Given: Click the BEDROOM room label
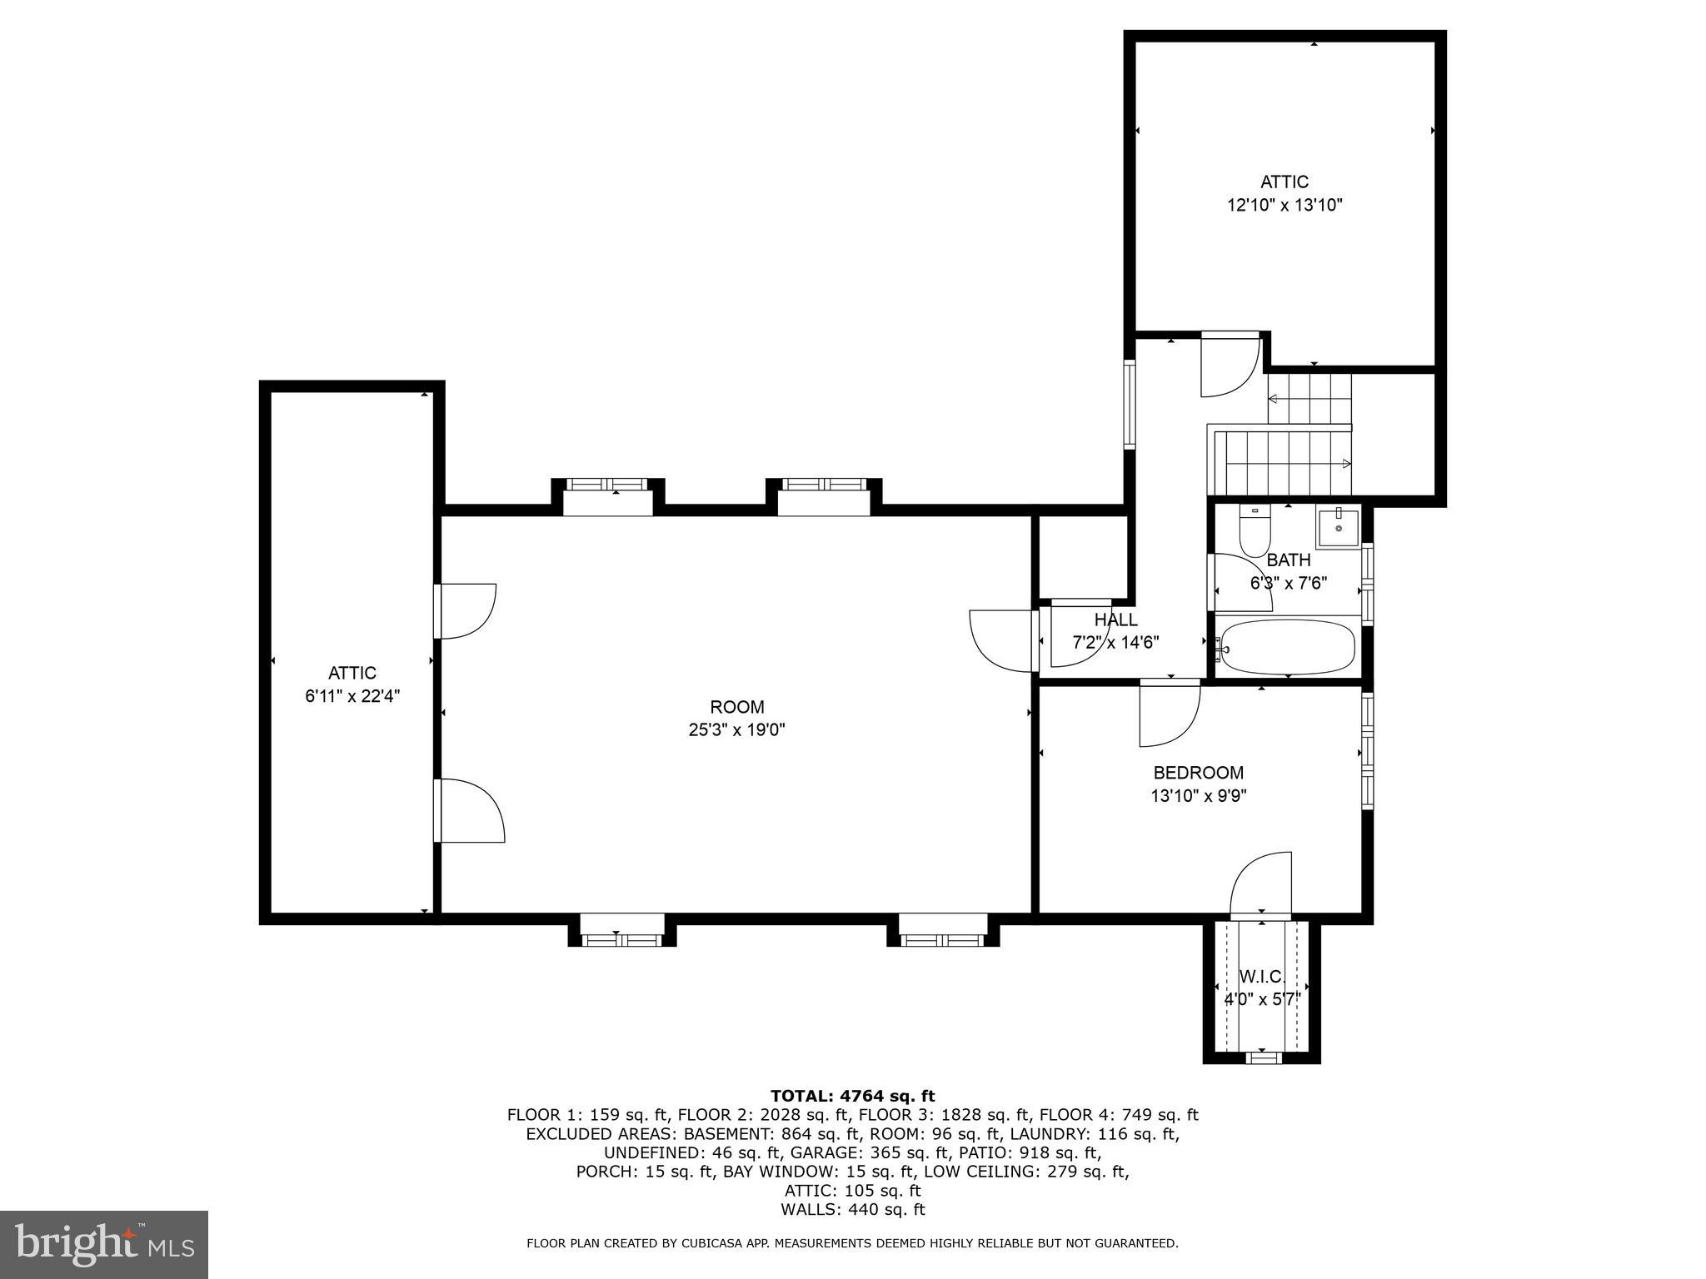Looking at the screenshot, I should click(x=1198, y=773).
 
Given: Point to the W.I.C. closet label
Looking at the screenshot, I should click(x=1262, y=976).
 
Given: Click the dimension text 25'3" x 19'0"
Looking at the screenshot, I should click(x=736, y=730).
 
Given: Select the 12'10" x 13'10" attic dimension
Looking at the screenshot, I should click(x=1284, y=205).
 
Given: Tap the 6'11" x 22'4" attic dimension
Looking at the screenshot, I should click(x=352, y=696).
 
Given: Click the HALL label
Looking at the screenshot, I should click(x=1115, y=620).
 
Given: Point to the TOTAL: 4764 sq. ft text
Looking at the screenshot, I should click(x=852, y=1096).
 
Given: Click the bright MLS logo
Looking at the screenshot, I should click(x=104, y=1244).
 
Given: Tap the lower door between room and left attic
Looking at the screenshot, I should click(x=471, y=811).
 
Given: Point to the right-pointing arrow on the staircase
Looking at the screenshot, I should click(x=1346, y=463).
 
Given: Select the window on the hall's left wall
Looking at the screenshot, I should click(x=1130, y=404).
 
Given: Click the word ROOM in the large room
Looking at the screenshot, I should click(x=736, y=707).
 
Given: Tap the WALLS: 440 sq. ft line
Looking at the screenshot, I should click(x=852, y=1210).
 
